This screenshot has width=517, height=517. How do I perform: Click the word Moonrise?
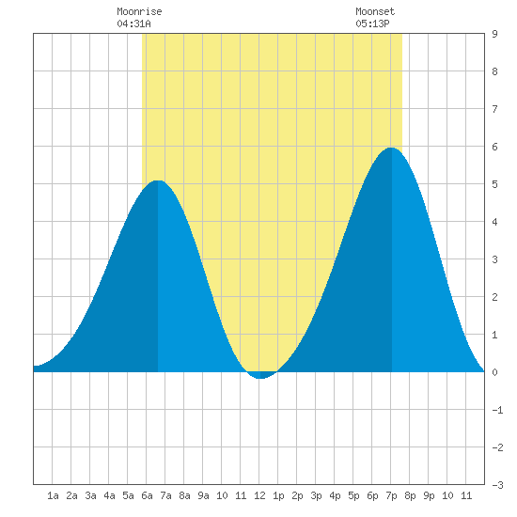[139, 11]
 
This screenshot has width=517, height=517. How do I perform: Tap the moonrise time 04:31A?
[133, 23]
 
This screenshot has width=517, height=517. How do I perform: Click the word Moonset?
[375, 11]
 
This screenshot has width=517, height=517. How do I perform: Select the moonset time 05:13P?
[372, 23]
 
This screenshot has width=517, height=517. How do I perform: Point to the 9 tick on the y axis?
[494, 34]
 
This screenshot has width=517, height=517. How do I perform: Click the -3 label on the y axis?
[497, 485]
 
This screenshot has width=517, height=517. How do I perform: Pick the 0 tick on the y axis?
[494, 372]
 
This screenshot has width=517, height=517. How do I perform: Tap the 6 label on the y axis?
[494, 147]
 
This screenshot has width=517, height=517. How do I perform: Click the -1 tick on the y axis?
[497, 410]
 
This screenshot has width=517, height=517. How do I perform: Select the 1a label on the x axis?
[53, 495]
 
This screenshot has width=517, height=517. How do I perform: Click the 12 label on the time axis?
[259, 495]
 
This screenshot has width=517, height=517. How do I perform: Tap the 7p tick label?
[391, 495]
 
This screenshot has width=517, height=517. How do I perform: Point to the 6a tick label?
[147, 495]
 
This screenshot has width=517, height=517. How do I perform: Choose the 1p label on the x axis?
[278, 495]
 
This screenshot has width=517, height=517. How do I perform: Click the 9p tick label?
[429, 495]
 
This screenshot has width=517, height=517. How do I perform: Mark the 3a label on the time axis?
[90, 495]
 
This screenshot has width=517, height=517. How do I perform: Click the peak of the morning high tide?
[158, 180]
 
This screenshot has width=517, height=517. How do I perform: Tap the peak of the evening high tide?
[391, 148]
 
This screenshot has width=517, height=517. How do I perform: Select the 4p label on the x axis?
[335, 495]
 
